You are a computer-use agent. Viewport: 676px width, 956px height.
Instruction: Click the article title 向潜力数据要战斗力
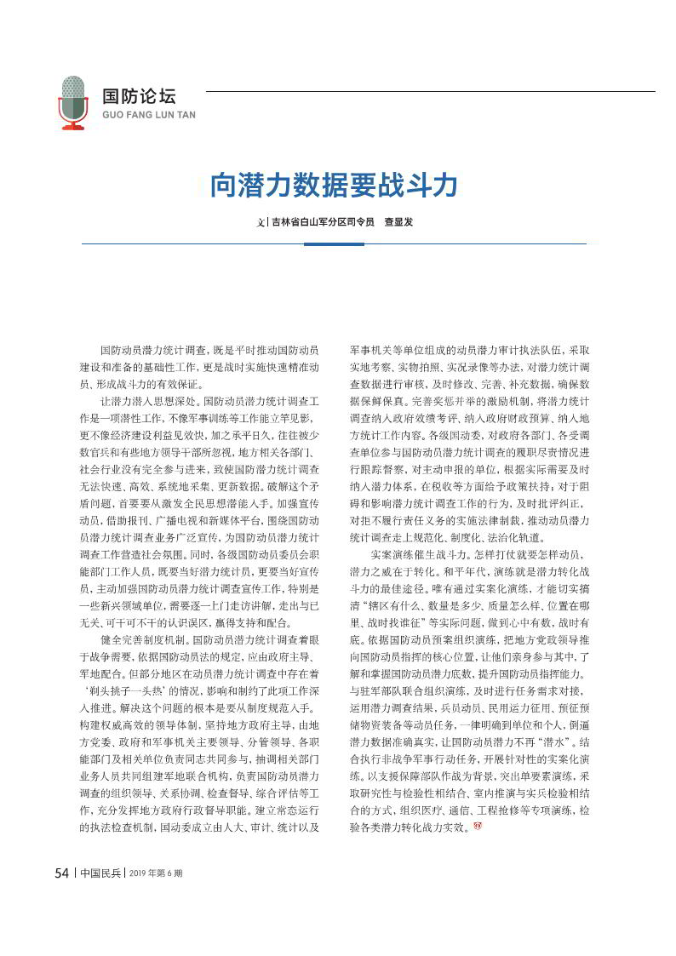click(334, 185)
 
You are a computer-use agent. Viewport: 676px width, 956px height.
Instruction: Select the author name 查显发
click(398, 221)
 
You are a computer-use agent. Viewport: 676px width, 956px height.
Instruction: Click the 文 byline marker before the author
click(262, 221)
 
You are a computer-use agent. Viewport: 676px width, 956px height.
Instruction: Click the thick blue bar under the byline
click(334, 244)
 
